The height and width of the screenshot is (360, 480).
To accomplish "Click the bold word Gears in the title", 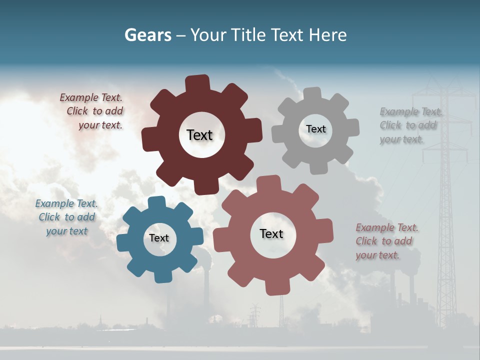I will coord(147,35).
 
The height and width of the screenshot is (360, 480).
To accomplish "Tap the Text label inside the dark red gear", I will coord(199,135).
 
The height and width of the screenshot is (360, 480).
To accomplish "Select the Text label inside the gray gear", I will coord(315,129).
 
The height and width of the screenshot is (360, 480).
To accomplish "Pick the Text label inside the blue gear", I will coord(159,238).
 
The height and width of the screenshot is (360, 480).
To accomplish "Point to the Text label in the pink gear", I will coord(271,233).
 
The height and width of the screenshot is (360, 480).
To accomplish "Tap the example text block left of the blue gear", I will coord(66,217).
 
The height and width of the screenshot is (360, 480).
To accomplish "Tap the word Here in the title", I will coord(328,35).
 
